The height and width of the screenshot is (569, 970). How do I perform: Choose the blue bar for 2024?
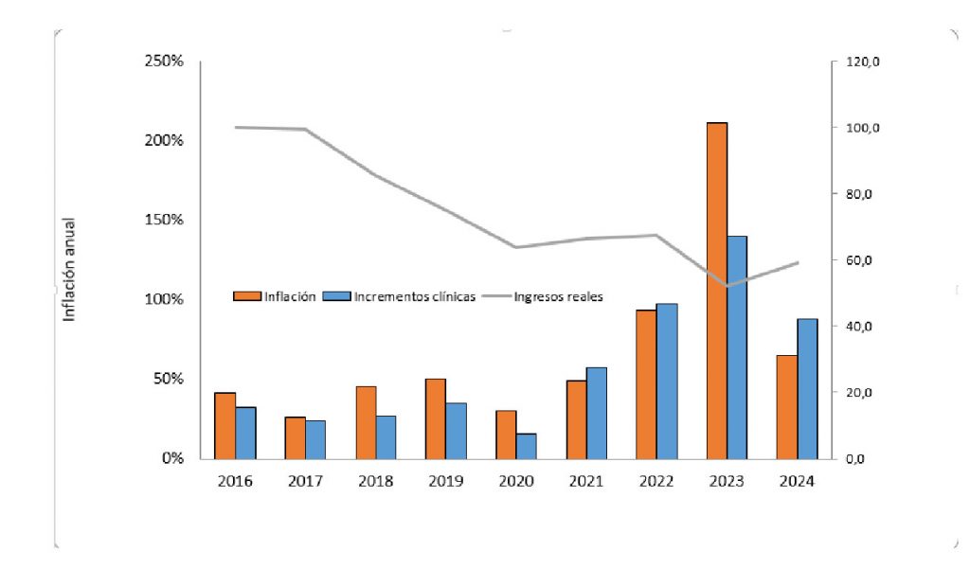[x=807, y=388]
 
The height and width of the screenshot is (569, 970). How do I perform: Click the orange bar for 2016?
[x=225, y=425]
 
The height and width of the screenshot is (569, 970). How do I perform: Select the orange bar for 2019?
[x=436, y=418]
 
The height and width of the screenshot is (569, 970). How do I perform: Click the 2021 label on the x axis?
[x=586, y=481]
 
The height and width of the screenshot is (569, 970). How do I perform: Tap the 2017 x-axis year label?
[x=305, y=481]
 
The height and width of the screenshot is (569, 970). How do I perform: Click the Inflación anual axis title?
[x=69, y=270]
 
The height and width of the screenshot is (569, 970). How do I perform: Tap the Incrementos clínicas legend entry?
[x=414, y=296]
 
